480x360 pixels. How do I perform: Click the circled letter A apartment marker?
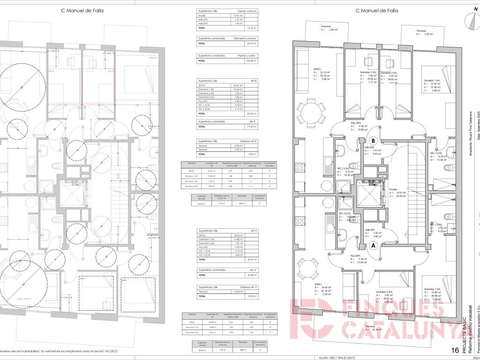click(374, 245)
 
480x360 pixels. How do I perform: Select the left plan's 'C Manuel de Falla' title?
click(82, 10)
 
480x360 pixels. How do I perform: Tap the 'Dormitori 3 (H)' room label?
click(368, 72)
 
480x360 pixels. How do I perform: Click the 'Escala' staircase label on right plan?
click(393, 189)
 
